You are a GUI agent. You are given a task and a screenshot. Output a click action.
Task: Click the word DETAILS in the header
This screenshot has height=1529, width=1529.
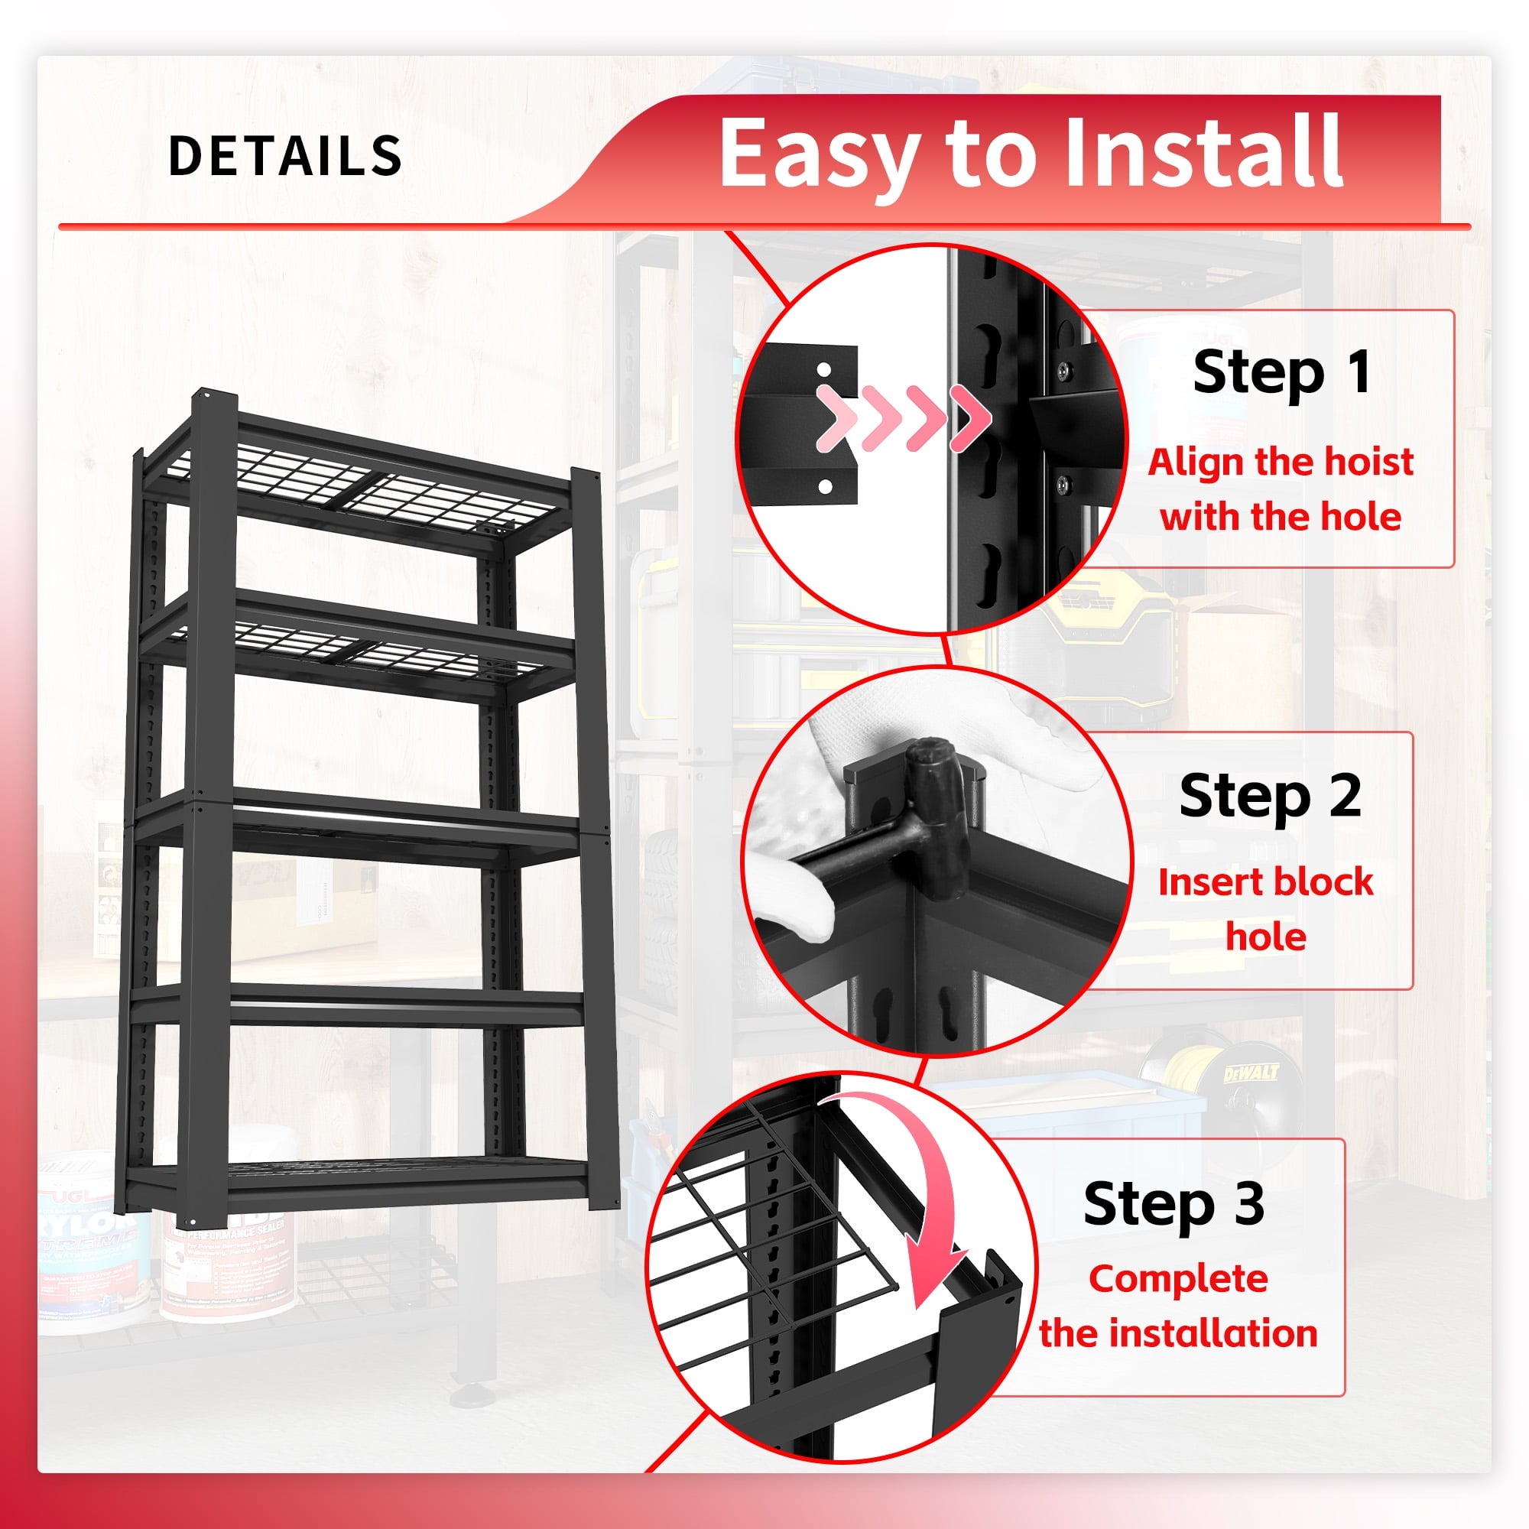click(285, 155)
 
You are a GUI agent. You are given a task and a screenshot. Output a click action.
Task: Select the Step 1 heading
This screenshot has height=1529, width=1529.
click(1282, 372)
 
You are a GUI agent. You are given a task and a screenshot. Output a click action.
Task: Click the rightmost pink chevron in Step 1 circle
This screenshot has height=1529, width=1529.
click(970, 418)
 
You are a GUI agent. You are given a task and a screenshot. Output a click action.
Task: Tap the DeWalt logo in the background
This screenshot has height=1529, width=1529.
click(1251, 1074)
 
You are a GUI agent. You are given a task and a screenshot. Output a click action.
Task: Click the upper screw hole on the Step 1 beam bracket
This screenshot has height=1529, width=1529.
click(824, 369)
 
